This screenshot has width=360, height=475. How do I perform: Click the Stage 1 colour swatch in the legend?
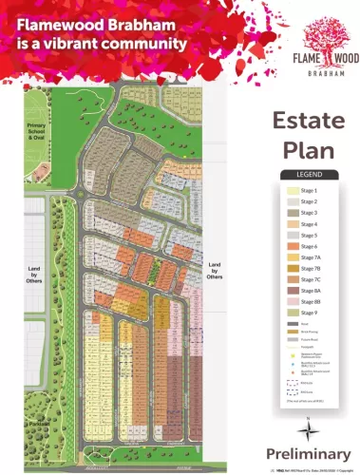tap(294, 191)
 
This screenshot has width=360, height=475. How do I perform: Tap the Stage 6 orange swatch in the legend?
tap(294, 246)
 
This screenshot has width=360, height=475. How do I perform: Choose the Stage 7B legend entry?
tap(311, 268)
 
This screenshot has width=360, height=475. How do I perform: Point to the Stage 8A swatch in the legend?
tap(294, 290)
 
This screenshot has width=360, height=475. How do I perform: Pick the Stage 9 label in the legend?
tap(310, 313)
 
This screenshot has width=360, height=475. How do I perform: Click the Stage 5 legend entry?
tap(310, 235)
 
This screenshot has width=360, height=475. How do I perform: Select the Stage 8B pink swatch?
tap(294, 301)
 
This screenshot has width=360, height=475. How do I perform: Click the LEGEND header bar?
tap(311, 175)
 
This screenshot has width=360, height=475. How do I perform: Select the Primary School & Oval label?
tap(37, 133)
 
